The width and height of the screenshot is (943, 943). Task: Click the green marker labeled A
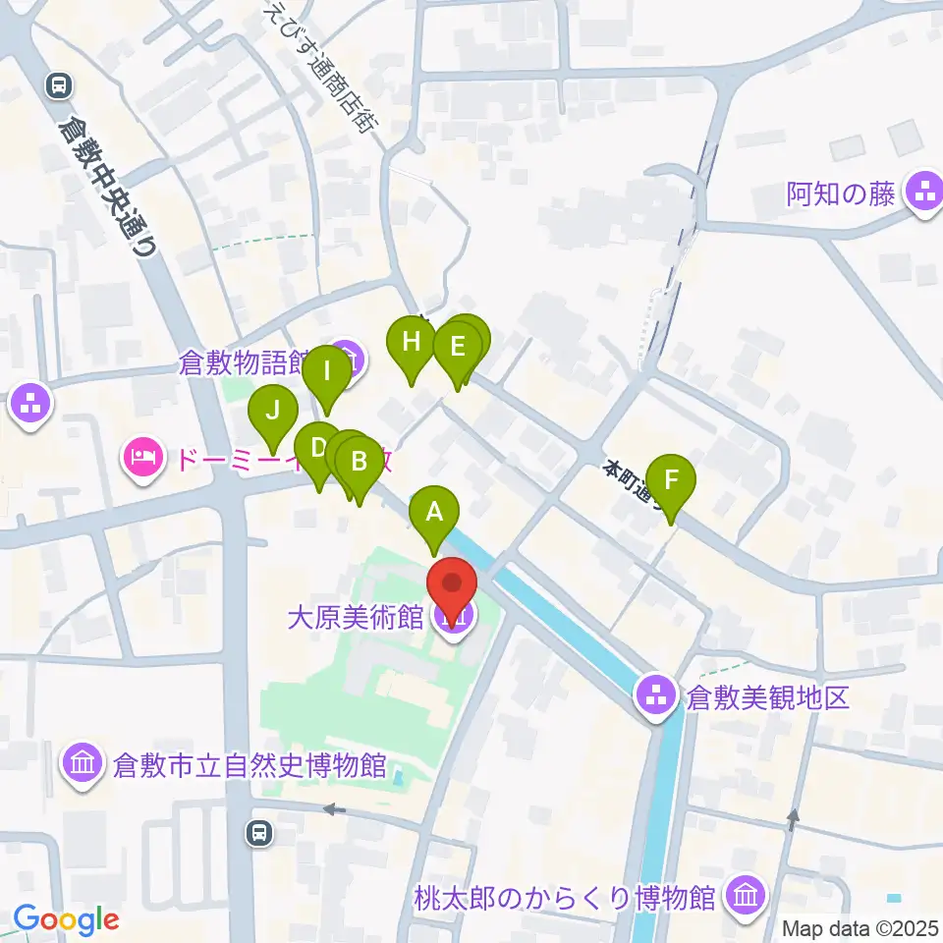click(434, 512)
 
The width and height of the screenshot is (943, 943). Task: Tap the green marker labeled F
click(671, 480)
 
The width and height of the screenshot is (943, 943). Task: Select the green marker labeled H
click(412, 342)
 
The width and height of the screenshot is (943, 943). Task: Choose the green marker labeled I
click(327, 373)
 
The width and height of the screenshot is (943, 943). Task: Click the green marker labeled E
click(458, 348)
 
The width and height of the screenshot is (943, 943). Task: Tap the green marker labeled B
click(359, 462)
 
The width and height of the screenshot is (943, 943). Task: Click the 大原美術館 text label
click(355, 618)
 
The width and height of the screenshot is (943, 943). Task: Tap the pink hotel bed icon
click(143, 457)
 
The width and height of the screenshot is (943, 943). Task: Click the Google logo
click(66, 920)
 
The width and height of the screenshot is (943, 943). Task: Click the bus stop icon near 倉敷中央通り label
click(59, 86)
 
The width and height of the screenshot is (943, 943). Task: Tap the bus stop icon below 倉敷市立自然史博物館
click(258, 833)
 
